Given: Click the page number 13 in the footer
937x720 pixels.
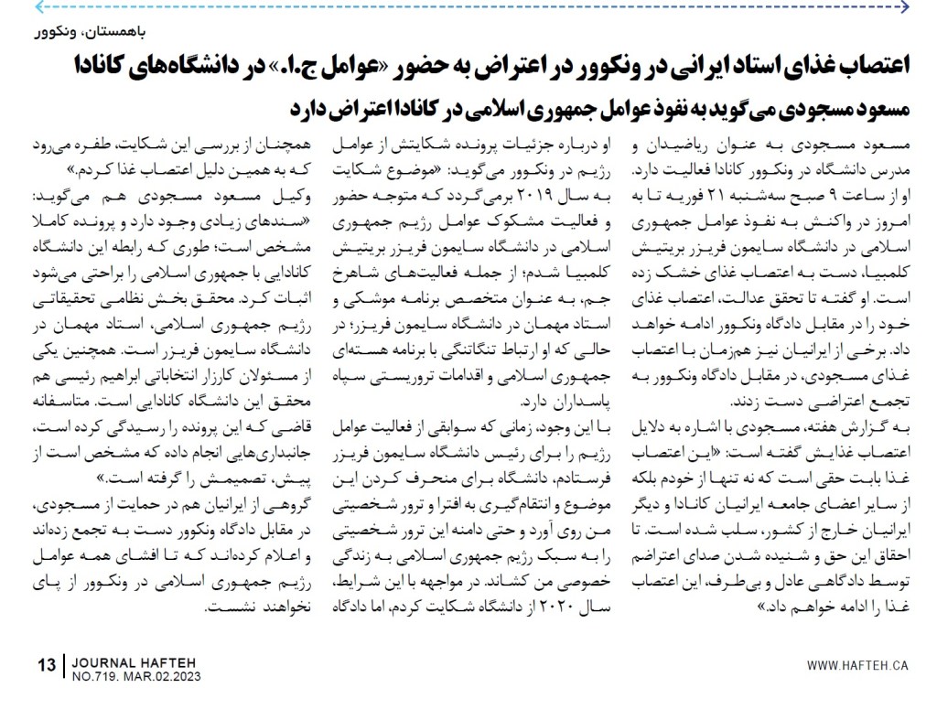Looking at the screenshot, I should (x=47, y=665).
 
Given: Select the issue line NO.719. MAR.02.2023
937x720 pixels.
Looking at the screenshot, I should (x=135, y=677).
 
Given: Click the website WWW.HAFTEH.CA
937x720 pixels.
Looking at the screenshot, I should (x=857, y=665).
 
